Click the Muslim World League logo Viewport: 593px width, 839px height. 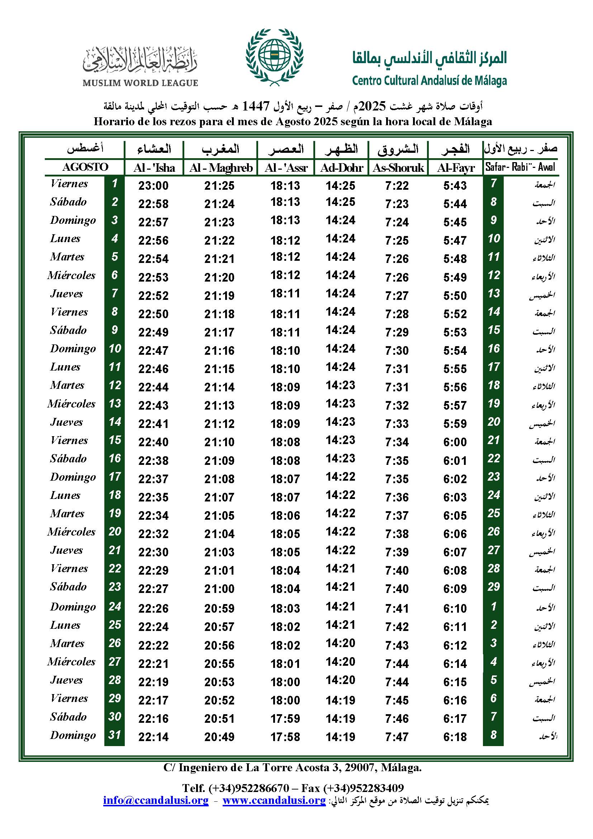140,66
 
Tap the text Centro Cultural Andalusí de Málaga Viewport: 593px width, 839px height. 430,80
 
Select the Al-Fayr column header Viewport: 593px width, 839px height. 456,168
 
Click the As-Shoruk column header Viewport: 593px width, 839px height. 398,168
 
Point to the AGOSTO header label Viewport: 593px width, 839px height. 85,167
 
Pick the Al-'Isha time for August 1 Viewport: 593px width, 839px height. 153,186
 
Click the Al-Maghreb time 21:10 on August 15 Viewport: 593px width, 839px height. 219,442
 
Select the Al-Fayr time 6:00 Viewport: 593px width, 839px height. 455,442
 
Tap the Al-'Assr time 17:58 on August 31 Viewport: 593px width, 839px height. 285,737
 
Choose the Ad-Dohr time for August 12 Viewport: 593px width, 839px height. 340,385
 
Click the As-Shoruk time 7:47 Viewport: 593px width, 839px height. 397,737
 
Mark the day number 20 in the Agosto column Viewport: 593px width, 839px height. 115,532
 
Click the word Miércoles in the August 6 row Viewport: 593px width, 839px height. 71,275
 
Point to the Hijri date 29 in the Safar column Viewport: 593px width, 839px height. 493,587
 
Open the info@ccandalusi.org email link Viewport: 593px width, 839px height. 156,800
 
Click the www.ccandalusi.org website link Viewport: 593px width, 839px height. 274,800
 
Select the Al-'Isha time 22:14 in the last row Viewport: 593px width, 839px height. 153,737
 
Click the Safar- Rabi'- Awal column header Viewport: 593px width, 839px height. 520,167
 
